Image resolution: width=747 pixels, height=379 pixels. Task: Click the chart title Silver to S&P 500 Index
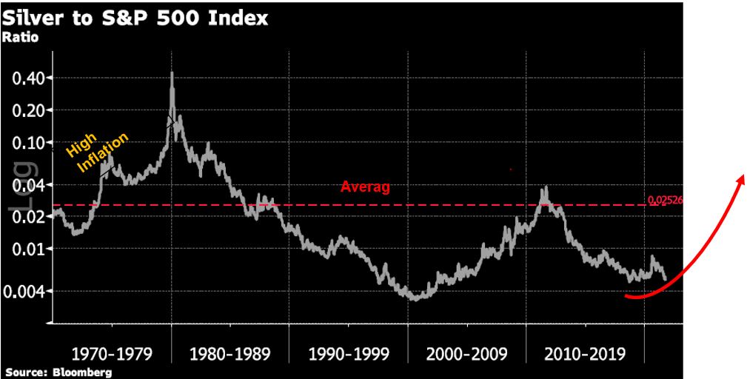click(136, 18)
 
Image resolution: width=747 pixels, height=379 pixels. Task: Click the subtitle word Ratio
click(21, 38)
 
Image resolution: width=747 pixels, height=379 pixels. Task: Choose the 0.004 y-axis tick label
click(25, 291)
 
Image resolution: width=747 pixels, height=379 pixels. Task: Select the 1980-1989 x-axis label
click(230, 353)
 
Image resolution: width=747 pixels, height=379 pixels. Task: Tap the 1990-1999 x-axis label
click(348, 353)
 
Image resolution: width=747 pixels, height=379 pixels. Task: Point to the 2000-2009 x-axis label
click(466, 353)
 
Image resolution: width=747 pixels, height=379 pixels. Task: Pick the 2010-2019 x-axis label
click(585, 353)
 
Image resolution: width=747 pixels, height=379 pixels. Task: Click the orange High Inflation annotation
click(96, 152)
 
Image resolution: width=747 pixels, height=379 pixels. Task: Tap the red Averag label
click(365, 187)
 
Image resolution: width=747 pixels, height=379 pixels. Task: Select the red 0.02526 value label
click(663, 200)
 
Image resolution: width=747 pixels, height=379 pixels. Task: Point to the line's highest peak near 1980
click(172, 73)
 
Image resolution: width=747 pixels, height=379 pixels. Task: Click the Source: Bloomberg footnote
click(58, 372)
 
